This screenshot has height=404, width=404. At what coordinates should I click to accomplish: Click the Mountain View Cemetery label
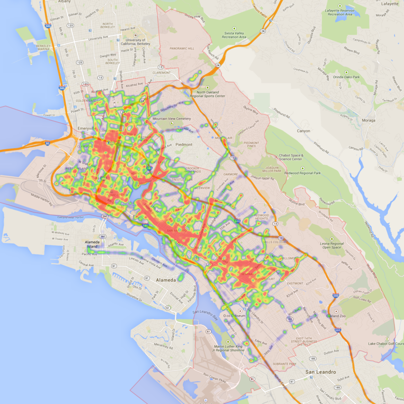(x=172, y=119)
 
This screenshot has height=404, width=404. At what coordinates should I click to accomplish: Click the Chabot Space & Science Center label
(x=290, y=157)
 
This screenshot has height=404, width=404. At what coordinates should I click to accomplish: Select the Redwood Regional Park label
(x=303, y=173)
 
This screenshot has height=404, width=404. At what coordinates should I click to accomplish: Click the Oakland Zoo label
(x=336, y=316)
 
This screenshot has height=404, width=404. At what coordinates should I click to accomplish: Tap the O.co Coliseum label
(x=234, y=316)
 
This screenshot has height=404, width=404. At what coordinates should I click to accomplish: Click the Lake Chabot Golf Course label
(x=386, y=344)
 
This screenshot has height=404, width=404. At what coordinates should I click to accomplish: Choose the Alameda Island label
(x=91, y=244)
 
